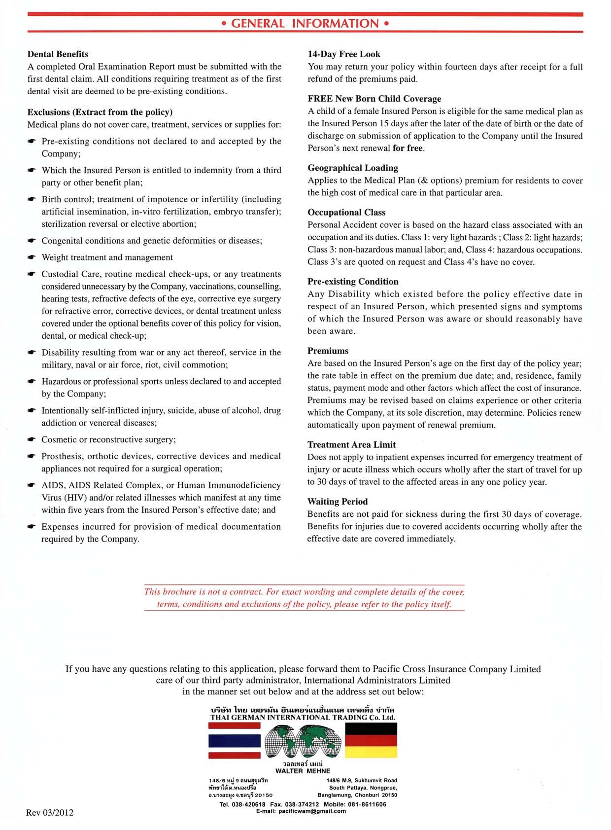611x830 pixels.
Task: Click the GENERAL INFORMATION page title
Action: point(305,24)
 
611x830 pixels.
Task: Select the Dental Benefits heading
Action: point(58,54)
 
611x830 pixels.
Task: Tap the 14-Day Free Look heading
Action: point(344,54)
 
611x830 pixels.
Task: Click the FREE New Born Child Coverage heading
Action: point(374,99)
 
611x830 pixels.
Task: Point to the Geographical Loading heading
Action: point(353,168)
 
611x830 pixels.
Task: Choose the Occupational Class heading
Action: point(346,213)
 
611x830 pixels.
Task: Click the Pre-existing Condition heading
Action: point(353,282)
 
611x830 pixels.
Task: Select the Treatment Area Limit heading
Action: point(351,444)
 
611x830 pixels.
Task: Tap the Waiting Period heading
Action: point(338,502)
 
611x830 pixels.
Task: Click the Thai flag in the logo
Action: point(235,740)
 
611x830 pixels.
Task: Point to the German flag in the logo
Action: point(371,740)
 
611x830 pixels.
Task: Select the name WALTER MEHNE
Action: point(303,771)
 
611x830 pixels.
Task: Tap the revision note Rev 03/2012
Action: point(50,813)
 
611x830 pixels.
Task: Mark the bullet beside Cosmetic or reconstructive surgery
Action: point(32,439)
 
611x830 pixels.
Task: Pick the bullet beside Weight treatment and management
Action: point(32,257)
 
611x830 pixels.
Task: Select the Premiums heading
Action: point(328,351)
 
